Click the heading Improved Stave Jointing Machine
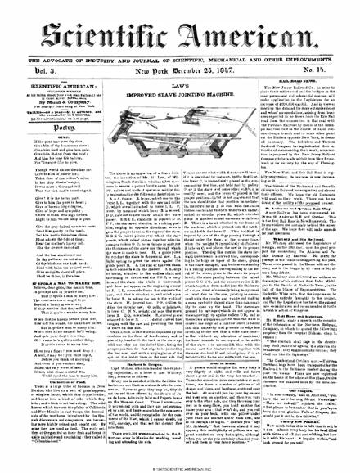tap(179, 84)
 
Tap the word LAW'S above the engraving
tap(179, 76)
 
